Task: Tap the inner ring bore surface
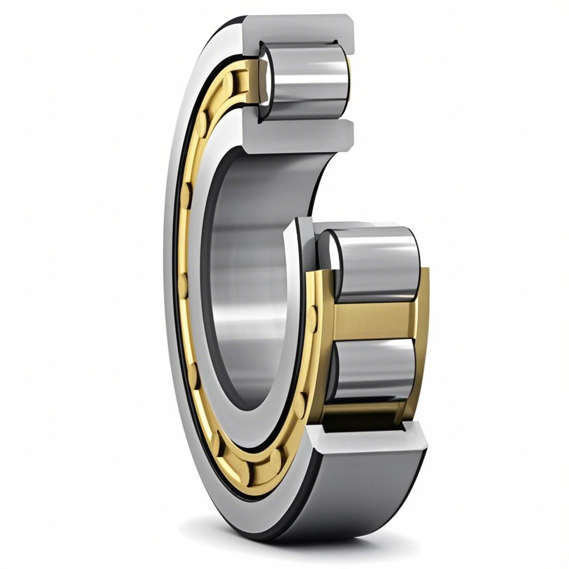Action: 244,278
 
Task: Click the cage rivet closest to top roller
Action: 228,83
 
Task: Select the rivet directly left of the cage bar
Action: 312,319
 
